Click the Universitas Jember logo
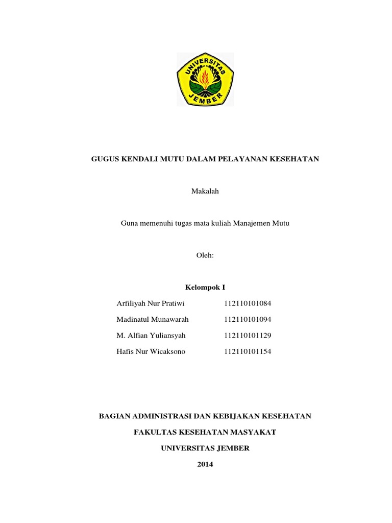pyautogui.click(x=205, y=79)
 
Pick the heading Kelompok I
pyautogui.click(x=205, y=288)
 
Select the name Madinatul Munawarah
pyautogui.click(x=153, y=319)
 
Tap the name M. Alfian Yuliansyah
pyautogui.click(x=151, y=336)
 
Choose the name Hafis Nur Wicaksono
pyautogui.click(x=151, y=351)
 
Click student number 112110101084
pyautogui.click(x=248, y=303)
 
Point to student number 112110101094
pyautogui.click(x=248, y=319)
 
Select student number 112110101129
pyautogui.click(x=248, y=336)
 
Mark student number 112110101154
pyautogui.click(x=248, y=351)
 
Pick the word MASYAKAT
pyautogui.click(x=252, y=432)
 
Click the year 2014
pyautogui.click(x=205, y=464)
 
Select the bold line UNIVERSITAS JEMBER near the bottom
pyautogui.click(x=205, y=448)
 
